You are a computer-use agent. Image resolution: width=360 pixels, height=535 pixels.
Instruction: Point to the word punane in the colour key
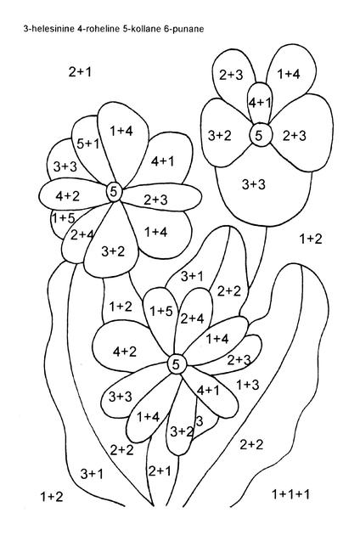coord(188,29)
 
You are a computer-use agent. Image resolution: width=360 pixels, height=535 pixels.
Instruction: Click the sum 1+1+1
coord(290,494)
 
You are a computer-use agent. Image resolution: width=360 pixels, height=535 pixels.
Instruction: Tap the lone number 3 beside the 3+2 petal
coord(200,421)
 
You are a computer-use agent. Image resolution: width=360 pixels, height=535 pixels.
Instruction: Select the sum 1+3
coord(248,385)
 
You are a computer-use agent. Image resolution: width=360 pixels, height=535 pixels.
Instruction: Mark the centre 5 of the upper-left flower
coord(114,192)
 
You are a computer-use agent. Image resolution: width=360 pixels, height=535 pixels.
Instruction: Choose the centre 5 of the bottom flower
coord(177,364)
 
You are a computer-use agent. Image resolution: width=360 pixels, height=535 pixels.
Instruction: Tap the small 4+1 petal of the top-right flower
coord(260,103)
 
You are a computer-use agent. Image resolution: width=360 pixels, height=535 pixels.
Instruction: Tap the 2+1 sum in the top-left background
coord(80,72)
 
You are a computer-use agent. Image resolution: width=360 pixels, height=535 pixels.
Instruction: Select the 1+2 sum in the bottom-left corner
coord(52,497)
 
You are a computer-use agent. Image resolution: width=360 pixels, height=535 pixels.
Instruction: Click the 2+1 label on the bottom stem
coord(160,471)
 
